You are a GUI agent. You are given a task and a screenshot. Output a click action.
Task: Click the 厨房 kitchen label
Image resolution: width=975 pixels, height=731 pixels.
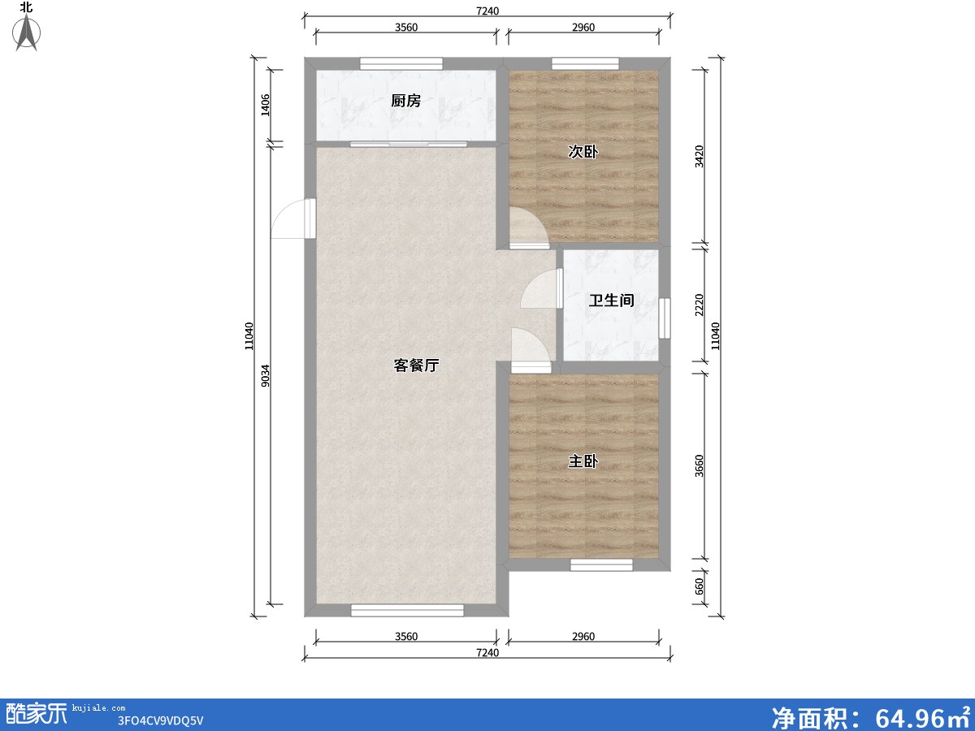[405, 101]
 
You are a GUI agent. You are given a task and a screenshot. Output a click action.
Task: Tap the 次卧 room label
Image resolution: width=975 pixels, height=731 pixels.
[583, 151]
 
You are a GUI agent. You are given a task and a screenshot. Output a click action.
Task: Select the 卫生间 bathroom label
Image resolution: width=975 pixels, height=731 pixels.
[611, 301]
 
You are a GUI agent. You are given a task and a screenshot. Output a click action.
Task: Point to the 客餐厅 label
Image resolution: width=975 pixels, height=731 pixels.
[416, 365]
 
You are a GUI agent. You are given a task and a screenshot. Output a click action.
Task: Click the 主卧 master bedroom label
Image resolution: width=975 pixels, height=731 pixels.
[583, 461]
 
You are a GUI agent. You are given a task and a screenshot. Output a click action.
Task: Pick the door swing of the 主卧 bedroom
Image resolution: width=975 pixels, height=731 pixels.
[530, 348]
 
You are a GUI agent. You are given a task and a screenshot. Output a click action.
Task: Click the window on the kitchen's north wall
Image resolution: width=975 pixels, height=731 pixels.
[401, 63]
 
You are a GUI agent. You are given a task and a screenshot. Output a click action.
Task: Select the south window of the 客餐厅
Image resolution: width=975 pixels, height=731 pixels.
[407, 610]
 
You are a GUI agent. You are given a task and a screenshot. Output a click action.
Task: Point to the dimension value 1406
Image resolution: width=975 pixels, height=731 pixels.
[266, 106]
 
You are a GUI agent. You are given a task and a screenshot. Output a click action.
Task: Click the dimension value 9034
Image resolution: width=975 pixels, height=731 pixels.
[266, 376]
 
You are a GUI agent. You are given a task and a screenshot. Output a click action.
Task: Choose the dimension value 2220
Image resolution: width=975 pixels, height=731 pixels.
[700, 305]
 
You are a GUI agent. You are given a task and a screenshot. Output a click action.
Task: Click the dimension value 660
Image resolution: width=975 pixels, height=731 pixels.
[700, 583]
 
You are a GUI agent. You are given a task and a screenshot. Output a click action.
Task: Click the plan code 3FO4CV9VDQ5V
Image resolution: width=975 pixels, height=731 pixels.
[160, 720]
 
